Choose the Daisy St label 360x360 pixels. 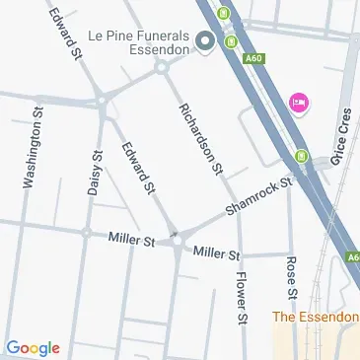point(95,174)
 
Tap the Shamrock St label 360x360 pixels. point(258,195)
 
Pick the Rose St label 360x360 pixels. point(291,278)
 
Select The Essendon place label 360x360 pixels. point(316,317)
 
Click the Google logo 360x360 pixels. point(33,347)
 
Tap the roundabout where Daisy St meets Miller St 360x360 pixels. point(87,233)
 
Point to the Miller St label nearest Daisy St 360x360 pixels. point(132,240)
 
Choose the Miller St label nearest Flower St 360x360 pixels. point(217,253)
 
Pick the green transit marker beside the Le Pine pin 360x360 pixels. point(230,41)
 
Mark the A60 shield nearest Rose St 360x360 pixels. point(352,258)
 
